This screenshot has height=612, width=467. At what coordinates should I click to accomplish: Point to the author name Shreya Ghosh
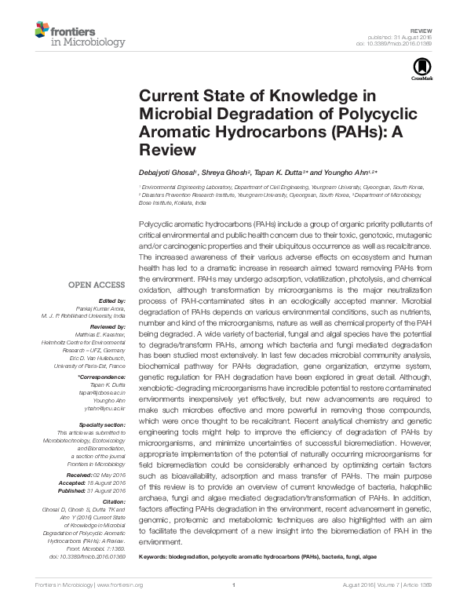223,172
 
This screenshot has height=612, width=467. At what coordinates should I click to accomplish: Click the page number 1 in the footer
234,585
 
